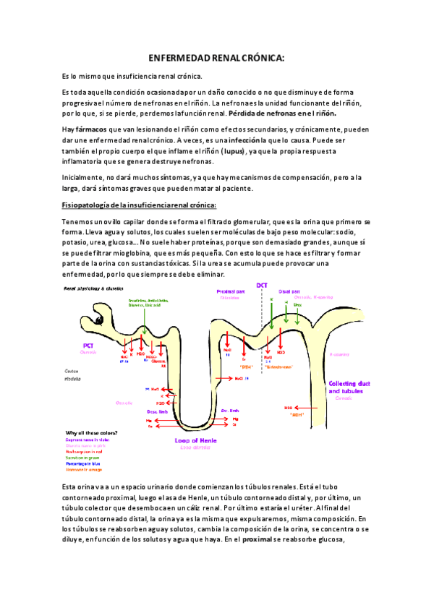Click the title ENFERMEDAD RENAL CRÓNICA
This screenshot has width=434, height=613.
(217, 57)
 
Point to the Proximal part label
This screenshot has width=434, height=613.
(231, 291)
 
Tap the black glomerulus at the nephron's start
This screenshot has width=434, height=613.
(95, 320)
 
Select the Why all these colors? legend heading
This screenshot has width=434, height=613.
(92, 433)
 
